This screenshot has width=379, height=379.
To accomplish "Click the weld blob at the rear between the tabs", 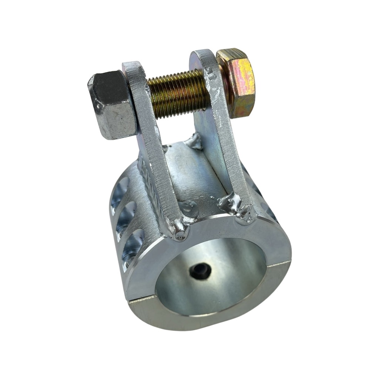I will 194,141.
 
